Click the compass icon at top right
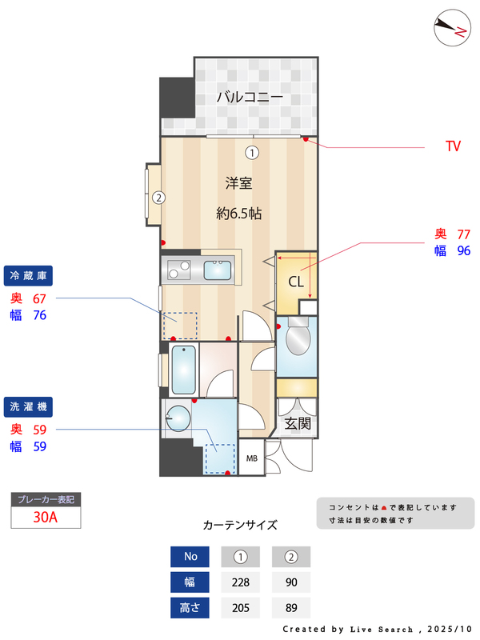point(450,29)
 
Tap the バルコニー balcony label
point(249,98)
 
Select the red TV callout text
point(453,146)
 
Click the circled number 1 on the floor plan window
point(252,152)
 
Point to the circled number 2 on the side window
point(158,197)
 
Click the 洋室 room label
point(238,183)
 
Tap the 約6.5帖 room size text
point(238,214)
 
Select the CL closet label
point(295,282)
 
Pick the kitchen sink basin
point(218,270)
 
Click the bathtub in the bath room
point(184,370)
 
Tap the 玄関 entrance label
point(298,424)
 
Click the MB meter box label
point(251,458)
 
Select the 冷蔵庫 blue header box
point(29,276)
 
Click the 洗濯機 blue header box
point(29,407)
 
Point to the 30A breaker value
point(46,517)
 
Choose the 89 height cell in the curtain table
point(291,608)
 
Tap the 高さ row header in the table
point(190,608)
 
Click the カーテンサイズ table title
point(240,526)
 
